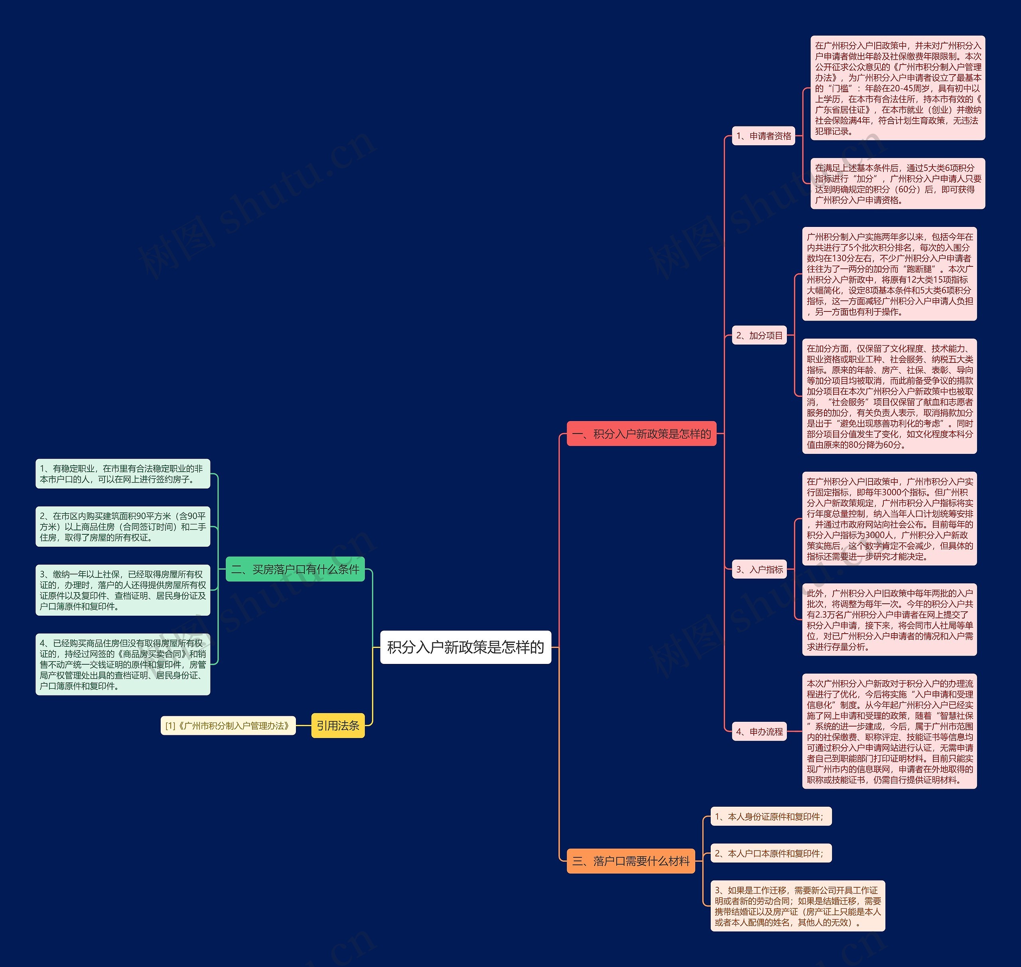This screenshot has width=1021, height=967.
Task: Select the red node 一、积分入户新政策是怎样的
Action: [641, 433]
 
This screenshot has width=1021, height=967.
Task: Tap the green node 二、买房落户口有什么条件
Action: [295, 569]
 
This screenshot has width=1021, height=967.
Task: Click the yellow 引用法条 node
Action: [338, 726]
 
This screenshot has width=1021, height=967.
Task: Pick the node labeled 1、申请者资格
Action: [763, 136]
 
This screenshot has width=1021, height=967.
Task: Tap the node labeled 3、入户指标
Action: [759, 569]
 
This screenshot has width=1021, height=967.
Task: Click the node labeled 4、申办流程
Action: [759, 731]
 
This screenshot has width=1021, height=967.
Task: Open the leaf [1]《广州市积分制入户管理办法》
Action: [228, 726]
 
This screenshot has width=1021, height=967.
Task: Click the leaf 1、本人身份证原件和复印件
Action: [771, 817]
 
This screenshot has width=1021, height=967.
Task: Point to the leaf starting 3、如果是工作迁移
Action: [797, 906]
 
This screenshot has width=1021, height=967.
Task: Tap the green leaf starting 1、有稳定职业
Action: [123, 474]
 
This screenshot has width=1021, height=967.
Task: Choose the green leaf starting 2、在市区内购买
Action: [123, 527]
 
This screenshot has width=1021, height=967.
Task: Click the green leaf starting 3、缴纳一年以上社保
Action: [123, 590]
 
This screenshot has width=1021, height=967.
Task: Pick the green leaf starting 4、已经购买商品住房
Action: [123, 664]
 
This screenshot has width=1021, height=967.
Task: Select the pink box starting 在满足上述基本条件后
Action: [897, 184]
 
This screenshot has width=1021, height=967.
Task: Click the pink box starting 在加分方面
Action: [889, 396]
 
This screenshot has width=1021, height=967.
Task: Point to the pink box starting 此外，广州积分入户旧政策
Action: [889, 620]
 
